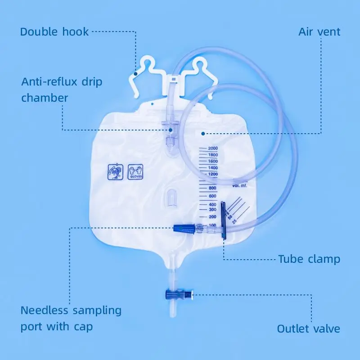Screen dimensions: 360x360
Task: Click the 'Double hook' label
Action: click(x=54, y=31)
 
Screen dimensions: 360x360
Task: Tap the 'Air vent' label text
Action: click(x=319, y=31)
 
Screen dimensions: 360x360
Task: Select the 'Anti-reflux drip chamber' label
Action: click(x=62, y=90)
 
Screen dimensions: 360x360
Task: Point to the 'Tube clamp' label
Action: click(x=309, y=259)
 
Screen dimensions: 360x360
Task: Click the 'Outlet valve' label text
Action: click(x=308, y=328)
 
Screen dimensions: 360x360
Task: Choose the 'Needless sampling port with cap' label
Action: click(x=71, y=318)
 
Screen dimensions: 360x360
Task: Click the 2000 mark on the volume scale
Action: click(x=213, y=148)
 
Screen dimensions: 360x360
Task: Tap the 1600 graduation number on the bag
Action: click(x=213, y=161)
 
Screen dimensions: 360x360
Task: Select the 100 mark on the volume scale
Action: click(x=212, y=225)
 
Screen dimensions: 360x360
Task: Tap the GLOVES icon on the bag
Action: click(x=135, y=172)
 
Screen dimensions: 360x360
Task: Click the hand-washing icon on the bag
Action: click(x=115, y=172)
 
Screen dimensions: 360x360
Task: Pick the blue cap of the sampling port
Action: click(x=184, y=228)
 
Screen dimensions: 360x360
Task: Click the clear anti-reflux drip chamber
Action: click(x=170, y=130)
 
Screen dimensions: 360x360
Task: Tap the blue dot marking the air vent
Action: click(x=203, y=133)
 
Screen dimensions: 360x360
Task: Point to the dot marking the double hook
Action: click(x=135, y=72)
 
